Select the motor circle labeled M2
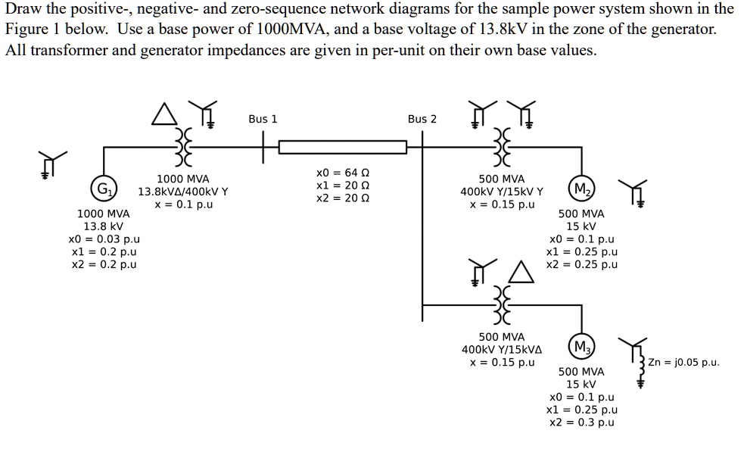click(x=582, y=189)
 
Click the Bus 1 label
click(x=263, y=119)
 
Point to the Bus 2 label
click(x=422, y=119)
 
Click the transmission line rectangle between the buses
click(x=343, y=146)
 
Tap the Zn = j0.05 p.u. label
click(x=684, y=362)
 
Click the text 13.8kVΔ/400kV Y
click(x=182, y=192)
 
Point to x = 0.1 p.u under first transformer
click(x=183, y=204)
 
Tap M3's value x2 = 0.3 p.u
click(x=581, y=422)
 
